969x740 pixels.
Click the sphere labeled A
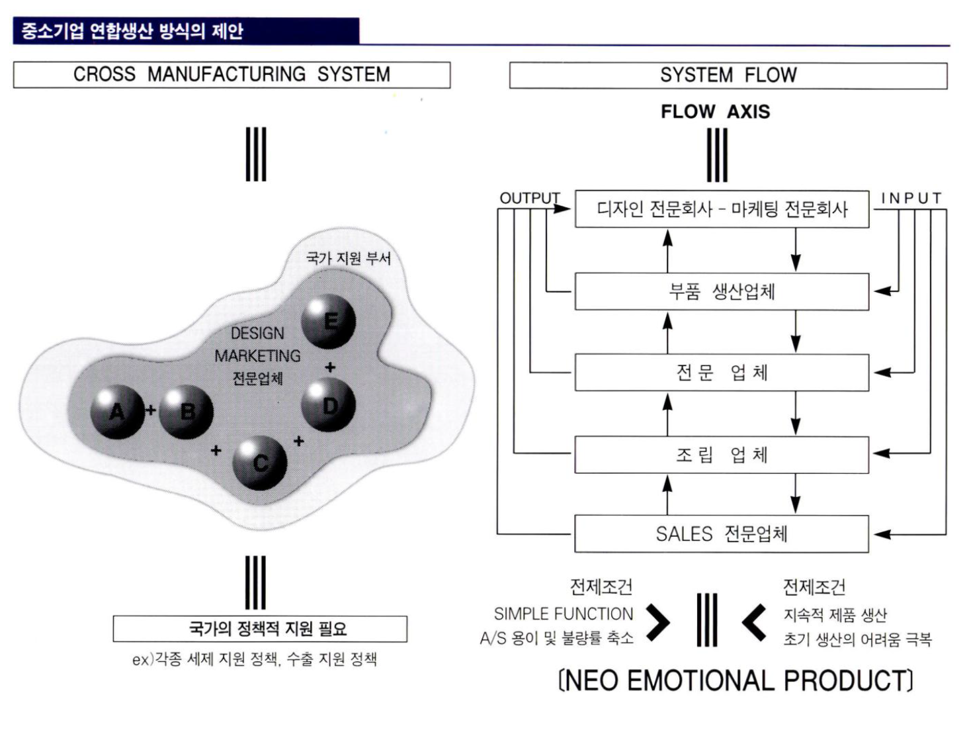click(117, 412)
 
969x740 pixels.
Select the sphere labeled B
click(187, 412)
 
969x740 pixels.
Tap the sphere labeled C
click(260, 463)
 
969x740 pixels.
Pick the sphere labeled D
click(329, 405)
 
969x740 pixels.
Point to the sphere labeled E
click(329, 322)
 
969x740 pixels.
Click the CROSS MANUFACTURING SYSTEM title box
click(232, 75)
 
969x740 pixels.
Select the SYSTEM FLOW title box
click(728, 75)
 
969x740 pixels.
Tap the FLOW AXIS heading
click(715, 112)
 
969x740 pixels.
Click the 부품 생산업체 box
click(722, 291)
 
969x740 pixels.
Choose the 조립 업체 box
click(722, 455)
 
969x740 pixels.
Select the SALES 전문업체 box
click(722, 533)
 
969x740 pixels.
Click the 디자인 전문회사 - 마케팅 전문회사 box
click(722, 209)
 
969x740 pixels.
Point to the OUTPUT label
click(529, 198)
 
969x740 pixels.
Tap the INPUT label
click(911, 198)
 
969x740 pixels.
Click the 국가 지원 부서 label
click(349, 257)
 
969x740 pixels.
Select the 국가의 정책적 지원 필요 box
click(260, 628)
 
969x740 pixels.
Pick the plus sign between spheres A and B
click(151, 410)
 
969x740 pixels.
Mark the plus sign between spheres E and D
click(330, 367)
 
